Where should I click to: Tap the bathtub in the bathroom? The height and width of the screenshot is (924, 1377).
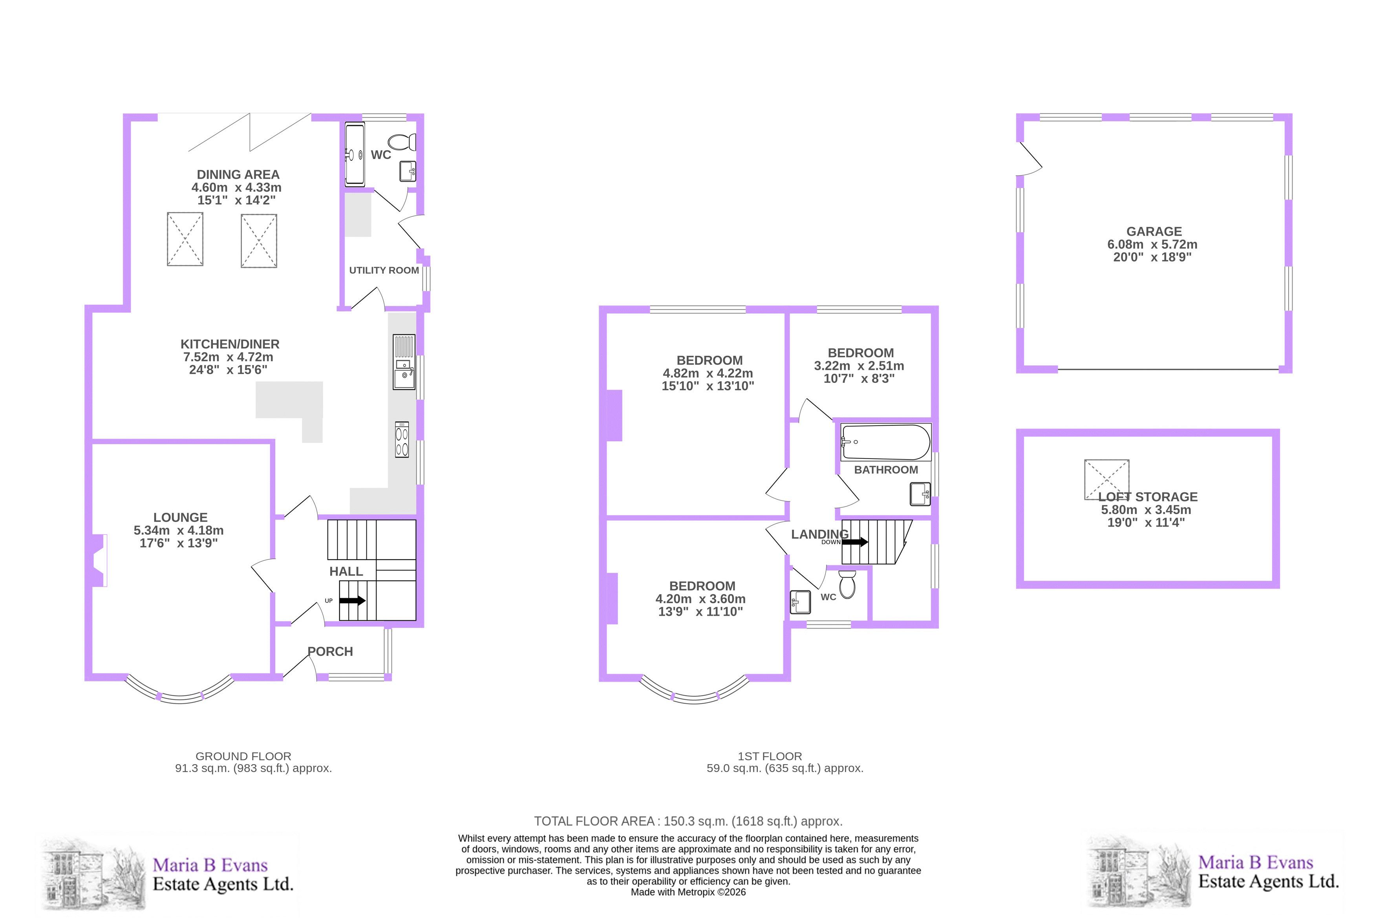885,442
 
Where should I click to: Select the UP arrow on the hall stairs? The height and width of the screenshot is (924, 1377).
352,600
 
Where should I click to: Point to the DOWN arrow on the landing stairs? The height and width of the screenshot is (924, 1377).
855,542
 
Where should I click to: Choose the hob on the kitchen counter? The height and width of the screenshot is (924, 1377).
402,439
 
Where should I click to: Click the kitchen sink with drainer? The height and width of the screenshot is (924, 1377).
404,362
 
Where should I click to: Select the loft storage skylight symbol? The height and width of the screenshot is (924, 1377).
1106,479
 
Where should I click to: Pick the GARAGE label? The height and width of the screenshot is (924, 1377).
1154,232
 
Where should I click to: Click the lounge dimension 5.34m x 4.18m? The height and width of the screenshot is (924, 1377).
179,531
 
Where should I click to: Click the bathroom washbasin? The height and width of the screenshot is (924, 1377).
920,494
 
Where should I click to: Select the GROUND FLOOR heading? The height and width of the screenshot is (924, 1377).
243,756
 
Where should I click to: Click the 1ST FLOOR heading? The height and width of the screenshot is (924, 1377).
770,756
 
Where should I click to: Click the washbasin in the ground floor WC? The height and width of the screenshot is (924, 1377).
408,171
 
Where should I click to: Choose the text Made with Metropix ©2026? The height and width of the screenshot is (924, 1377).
688,892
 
